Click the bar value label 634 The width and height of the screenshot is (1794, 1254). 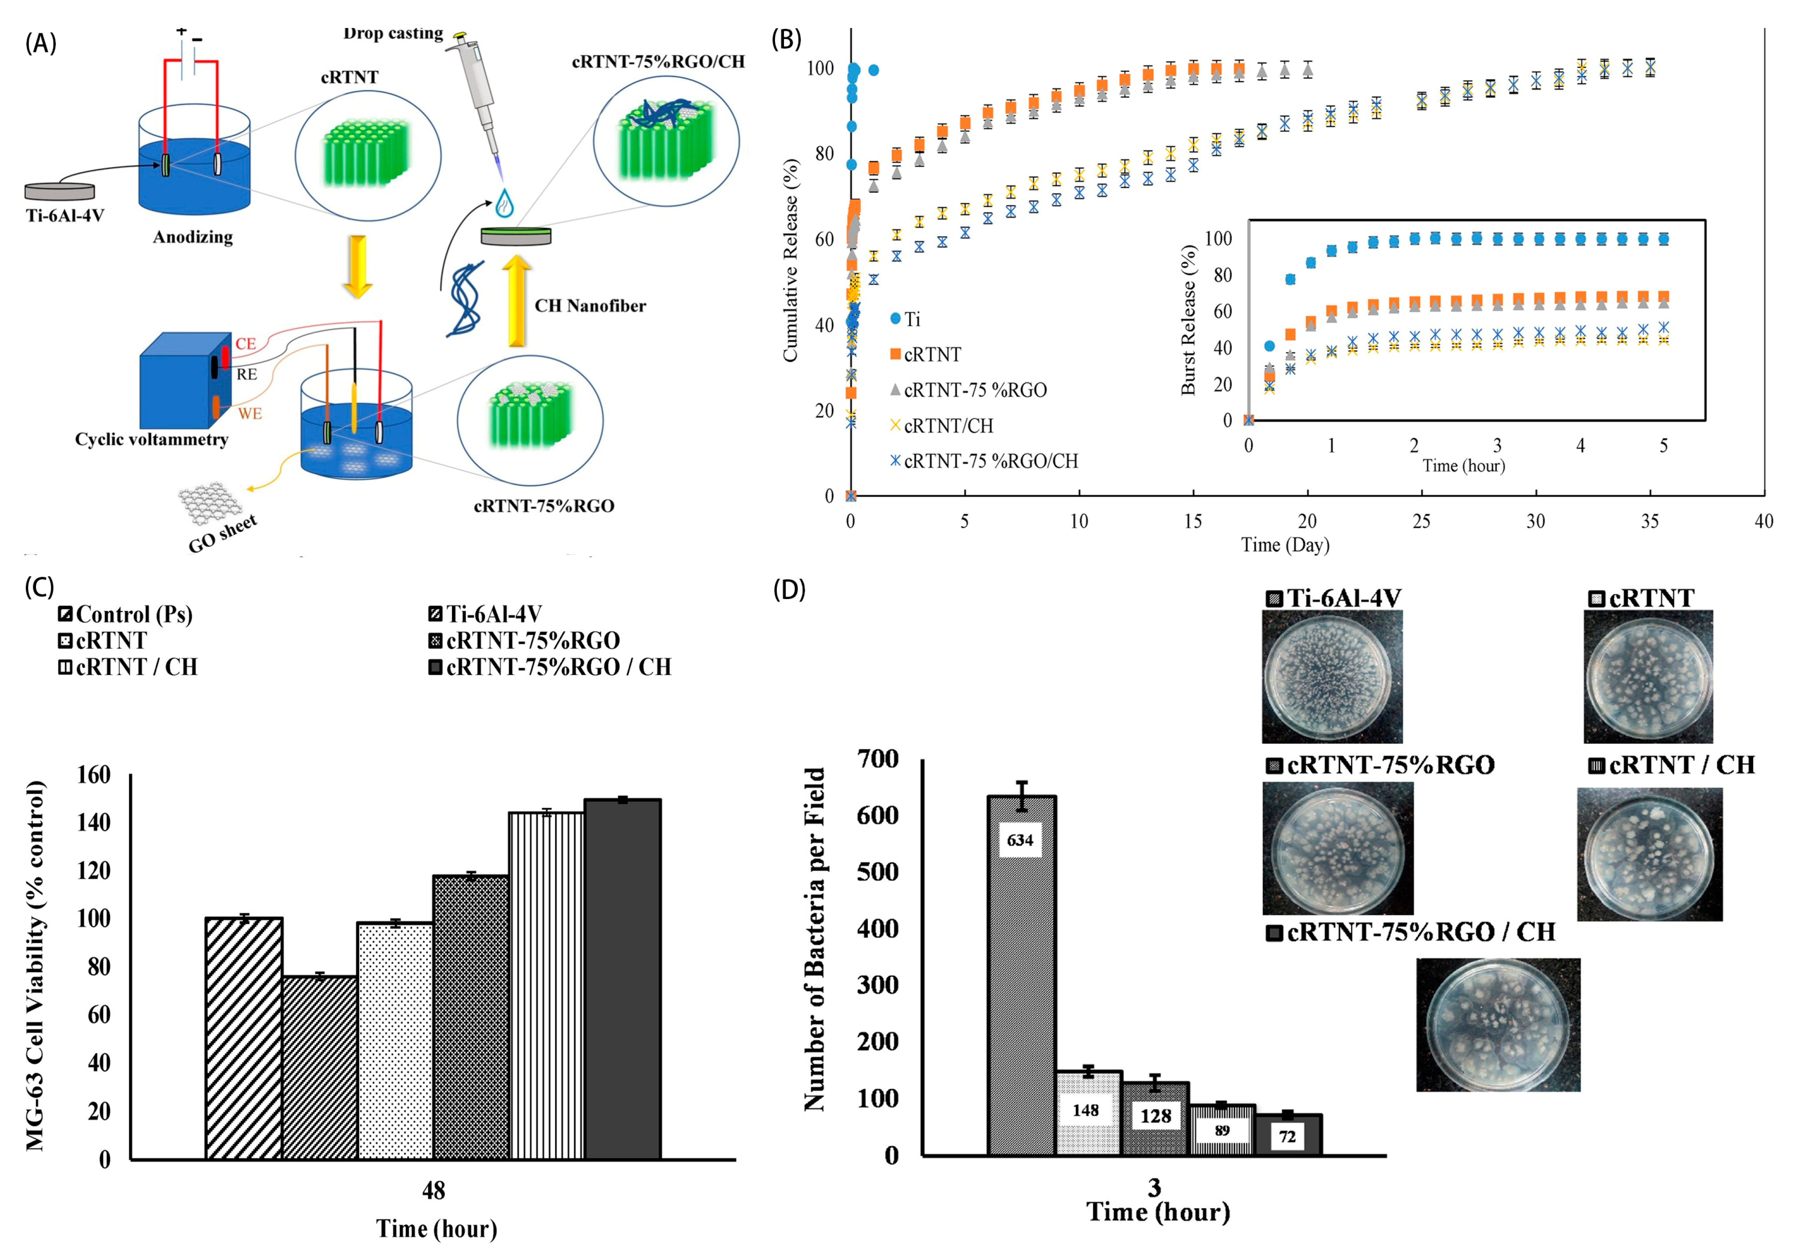point(1020,840)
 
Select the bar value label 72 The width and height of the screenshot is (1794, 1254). point(1287,1137)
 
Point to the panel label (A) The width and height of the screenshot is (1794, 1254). point(40,43)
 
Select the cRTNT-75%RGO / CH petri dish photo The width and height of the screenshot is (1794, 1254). point(1498,1024)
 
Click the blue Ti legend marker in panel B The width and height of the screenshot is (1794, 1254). point(895,319)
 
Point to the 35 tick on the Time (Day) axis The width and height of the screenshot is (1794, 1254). point(1650,521)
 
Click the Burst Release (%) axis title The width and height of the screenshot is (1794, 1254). point(1188,320)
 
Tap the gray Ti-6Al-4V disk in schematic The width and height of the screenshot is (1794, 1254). point(60,191)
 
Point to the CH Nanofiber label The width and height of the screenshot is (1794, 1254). point(590,305)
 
